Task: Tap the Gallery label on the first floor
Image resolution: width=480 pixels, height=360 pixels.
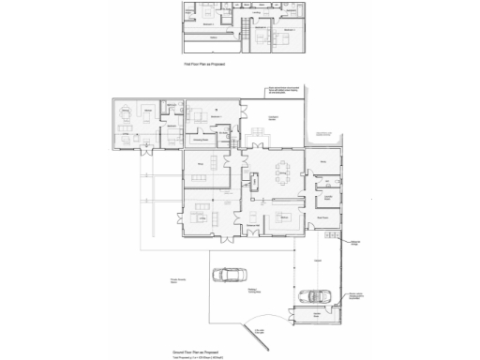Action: click(x=214, y=38)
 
